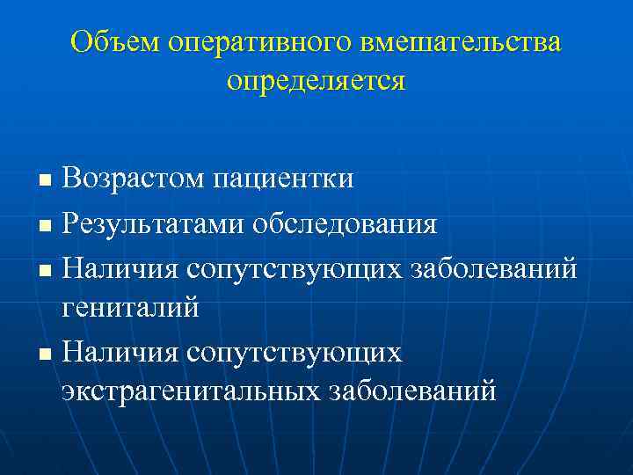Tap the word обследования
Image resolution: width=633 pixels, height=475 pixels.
(x=345, y=223)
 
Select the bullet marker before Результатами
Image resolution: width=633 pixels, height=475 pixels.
(x=47, y=226)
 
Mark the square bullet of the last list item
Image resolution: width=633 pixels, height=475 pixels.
(x=47, y=354)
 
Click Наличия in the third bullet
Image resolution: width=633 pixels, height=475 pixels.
(x=119, y=267)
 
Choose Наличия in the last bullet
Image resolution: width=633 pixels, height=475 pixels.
(x=119, y=351)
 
